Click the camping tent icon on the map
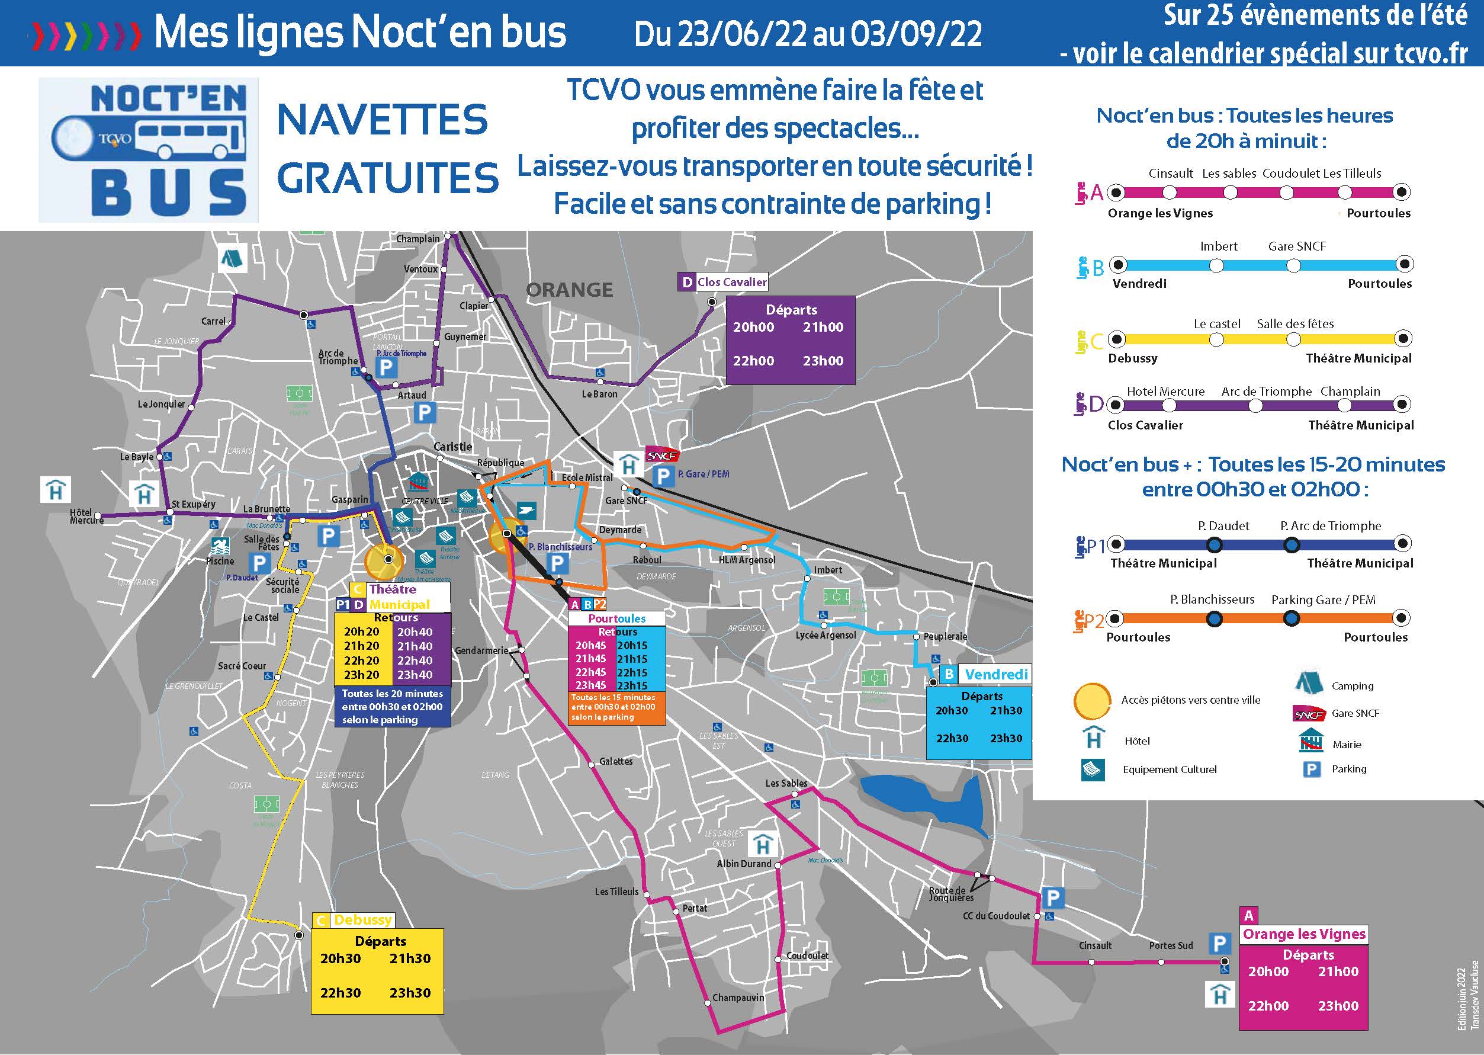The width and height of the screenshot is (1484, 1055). [x=232, y=258]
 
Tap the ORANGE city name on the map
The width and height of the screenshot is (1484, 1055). [x=569, y=290]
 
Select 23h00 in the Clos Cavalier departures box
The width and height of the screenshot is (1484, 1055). [x=823, y=361]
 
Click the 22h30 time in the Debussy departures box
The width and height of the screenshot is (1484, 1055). [x=341, y=993]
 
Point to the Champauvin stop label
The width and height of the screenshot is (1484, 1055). [x=738, y=997]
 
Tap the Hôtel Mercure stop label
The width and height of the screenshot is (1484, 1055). [x=86, y=517]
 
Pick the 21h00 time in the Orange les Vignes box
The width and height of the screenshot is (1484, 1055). [x=1337, y=972]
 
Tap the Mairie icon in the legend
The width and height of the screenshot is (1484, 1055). [x=1310, y=740]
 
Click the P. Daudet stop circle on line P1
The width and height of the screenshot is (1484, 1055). [x=1214, y=544]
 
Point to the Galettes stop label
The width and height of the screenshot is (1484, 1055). [x=615, y=761]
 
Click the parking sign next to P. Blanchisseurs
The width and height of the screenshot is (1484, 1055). [x=557, y=563]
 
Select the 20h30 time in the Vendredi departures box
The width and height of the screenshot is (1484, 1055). [x=952, y=711]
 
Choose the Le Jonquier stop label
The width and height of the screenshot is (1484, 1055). [x=161, y=404]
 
